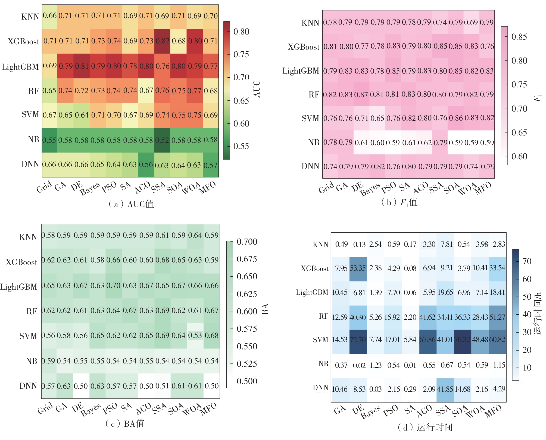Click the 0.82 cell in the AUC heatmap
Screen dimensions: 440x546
pyautogui.click(x=162, y=41)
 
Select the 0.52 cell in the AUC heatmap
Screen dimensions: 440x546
pyautogui.click(x=162, y=140)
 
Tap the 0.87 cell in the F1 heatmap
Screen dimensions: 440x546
pyautogui.click(x=361, y=94)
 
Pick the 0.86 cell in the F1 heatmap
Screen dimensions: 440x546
pyautogui.click(x=456, y=118)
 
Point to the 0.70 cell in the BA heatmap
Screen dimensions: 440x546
pyautogui.click(x=113, y=286)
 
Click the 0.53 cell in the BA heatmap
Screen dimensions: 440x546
pyautogui.click(x=195, y=335)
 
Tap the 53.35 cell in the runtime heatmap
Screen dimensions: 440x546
pyautogui.click(x=358, y=268)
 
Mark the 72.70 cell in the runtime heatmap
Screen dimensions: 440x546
pyautogui.click(x=358, y=340)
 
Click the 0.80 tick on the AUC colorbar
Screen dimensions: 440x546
pyautogui.click(x=241, y=32)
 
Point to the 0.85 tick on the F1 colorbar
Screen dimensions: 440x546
pyautogui.click(x=519, y=37)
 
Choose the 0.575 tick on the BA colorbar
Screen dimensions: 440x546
pyautogui.click(x=247, y=329)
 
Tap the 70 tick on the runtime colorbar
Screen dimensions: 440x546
pyautogui.click(x=527, y=261)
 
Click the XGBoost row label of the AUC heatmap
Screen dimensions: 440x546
pyautogui.click(x=23, y=42)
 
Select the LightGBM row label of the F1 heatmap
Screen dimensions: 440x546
pyautogui.click(x=301, y=71)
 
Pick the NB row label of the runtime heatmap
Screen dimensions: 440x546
pyautogui.click(x=323, y=364)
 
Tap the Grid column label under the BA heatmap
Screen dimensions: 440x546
pyautogui.click(x=45, y=409)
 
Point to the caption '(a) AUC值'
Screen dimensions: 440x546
pyautogui.click(x=131, y=204)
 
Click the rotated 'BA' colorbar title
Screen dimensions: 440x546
pyautogui.click(x=265, y=309)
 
